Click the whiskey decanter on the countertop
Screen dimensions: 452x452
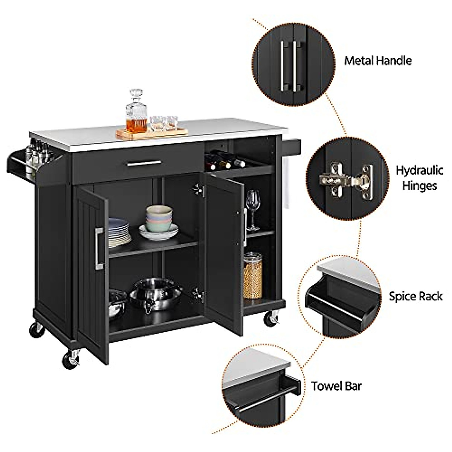pos(136,113)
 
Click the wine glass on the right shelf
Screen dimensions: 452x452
pos(252,209)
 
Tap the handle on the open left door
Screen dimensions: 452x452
pos(99,249)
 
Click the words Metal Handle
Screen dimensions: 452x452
pos(378,61)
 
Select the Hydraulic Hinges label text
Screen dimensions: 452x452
pos(419,178)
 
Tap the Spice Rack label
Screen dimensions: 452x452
pos(415,296)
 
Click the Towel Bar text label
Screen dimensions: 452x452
pos(336,386)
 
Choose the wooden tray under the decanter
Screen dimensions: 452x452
pos(152,133)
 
